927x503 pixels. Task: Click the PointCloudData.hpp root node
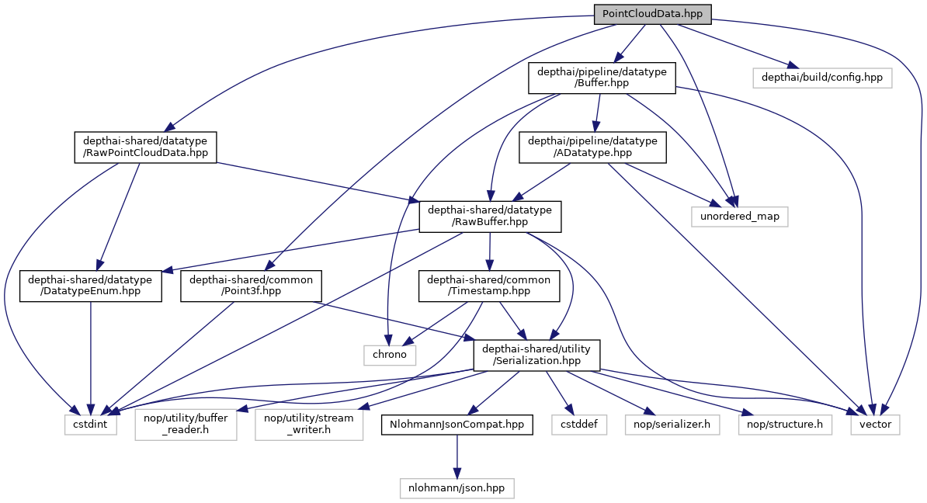pyautogui.click(x=652, y=13)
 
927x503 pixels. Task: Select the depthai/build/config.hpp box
pyautogui.click(x=822, y=78)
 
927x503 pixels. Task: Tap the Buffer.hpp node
pyautogui.click(x=598, y=78)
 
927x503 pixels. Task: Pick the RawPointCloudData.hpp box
pyautogui.click(x=145, y=147)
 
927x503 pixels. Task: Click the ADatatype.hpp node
pyautogui.click(x=592, y=147)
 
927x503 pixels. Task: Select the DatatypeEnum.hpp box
pyautogui.click(x=92, y=286)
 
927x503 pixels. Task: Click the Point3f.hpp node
pyautogui.click(x=251, y=286)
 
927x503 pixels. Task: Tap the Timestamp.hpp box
pyautogui.click(x=489, y=286)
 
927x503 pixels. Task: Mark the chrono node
pyautogui.click(x=390, y=355)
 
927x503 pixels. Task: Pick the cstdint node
pyautogui.click(x=90, y=425)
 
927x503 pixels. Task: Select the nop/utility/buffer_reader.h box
pyautogui.click(x=186, y=425)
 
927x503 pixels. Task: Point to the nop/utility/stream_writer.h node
pyautogui.click(x=309, y=425)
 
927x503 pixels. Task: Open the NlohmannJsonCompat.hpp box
pyautogui.click(x=457, y=425)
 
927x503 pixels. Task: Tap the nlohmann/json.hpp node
pyautogui.click(x=457, y=488)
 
